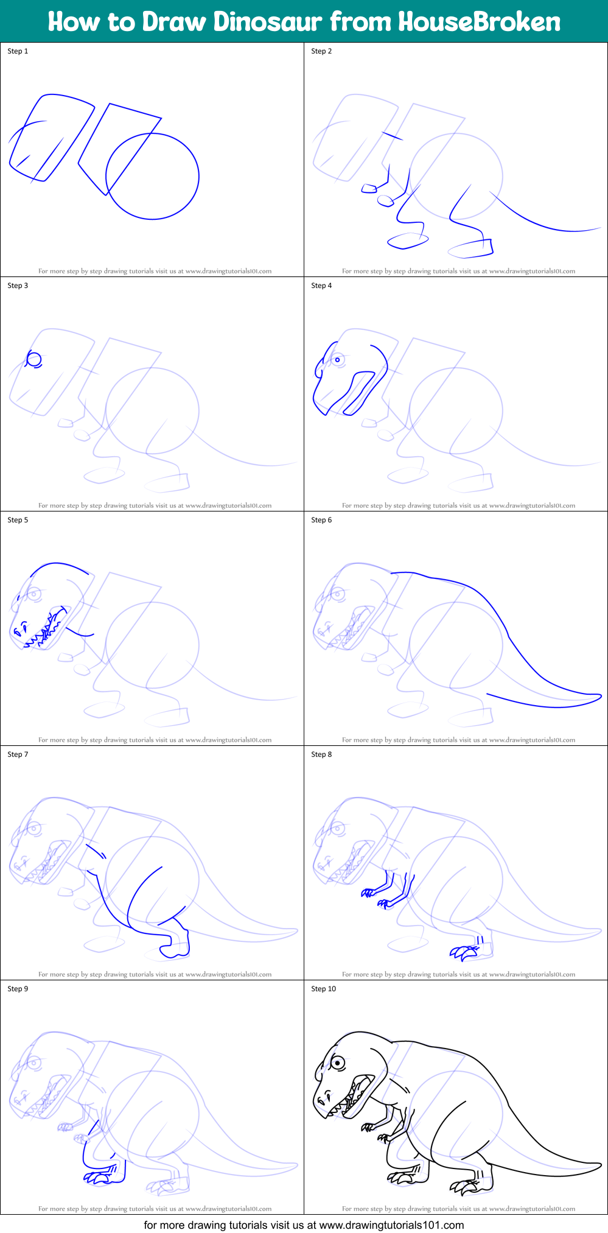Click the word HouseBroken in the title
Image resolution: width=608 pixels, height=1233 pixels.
(x=479, y=22)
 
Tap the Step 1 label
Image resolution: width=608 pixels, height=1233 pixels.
(x=18, y=51)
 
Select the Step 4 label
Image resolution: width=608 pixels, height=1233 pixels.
(x=321, y=286)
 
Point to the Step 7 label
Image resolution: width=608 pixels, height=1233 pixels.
(x=18, y=754)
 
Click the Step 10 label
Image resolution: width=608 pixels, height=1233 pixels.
(x=323, y=989)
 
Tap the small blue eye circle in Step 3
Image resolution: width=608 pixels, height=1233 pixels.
(x=35, y=359)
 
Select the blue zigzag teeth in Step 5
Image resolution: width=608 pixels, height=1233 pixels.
(x=43, y=636)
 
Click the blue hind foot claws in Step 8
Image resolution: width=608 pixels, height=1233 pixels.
(x=463, y=952)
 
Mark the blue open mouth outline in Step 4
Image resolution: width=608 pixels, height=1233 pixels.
(x=359, y=393)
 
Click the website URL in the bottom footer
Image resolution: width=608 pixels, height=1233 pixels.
(x=391, y=1224)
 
